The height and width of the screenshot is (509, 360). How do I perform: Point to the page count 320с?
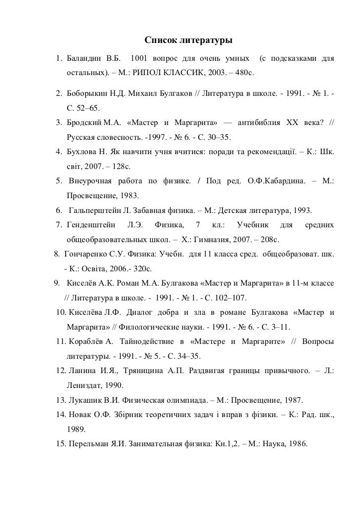[x=142, y=269]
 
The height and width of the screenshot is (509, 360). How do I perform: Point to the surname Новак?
[x=79, y=414]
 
